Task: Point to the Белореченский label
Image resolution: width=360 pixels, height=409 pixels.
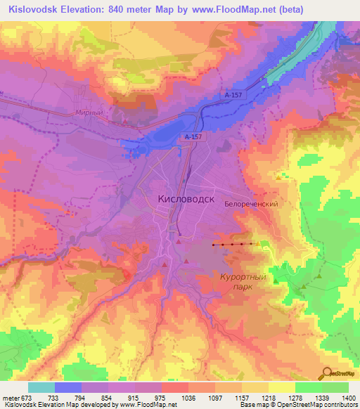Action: pos(252,204)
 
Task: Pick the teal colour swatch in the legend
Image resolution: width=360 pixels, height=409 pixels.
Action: pos(41,387)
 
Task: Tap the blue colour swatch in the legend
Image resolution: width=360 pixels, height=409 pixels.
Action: pos(68,387)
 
